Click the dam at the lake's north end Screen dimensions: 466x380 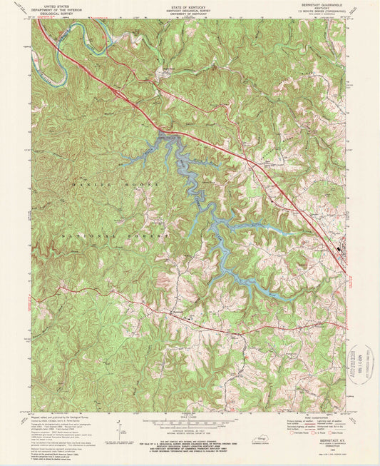tap(167, 134)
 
